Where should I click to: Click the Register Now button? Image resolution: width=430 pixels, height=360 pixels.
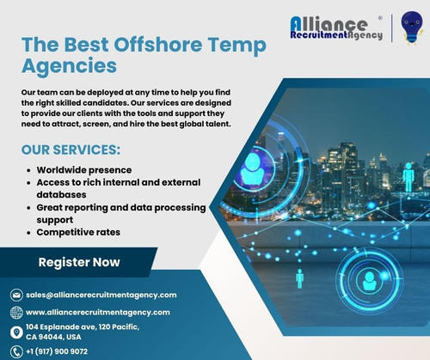coord(79,262)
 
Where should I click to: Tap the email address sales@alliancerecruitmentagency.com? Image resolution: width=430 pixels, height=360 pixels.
coord(101,295)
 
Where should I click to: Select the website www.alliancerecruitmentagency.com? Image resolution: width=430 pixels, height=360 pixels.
coord(98,312)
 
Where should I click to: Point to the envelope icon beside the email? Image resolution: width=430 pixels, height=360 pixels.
coord(15,295)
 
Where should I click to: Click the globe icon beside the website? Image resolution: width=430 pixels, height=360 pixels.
coord(15,313)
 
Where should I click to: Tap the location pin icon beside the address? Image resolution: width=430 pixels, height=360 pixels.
coord(15,332)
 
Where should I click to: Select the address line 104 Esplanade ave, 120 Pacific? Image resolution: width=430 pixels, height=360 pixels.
coord(83,326)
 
